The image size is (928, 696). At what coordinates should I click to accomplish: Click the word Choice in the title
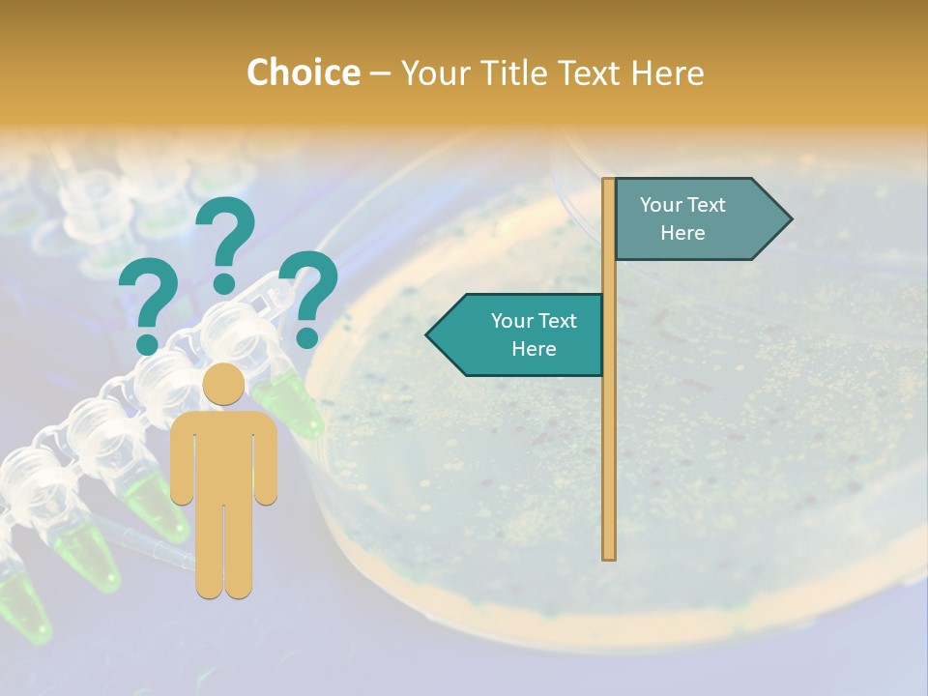click(x=303, y=72)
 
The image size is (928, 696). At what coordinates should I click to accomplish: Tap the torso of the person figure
click(x=223, y=454)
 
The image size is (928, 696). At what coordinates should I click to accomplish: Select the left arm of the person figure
click(x=182, y=459)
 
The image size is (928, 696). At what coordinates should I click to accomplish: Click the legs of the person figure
click(x=223, y=551)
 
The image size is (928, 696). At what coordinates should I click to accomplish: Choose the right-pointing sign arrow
click(x=701, y=219)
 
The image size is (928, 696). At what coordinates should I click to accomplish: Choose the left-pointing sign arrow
click(x=517, y=334)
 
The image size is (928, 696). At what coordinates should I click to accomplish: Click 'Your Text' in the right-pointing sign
click(x=682, y=205)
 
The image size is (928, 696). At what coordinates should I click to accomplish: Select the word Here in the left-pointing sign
click(x=534, y=349)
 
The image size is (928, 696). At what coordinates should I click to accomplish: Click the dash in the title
click(x=380, y=73)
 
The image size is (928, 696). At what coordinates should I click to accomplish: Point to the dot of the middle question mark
click(x=224, y=283)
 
